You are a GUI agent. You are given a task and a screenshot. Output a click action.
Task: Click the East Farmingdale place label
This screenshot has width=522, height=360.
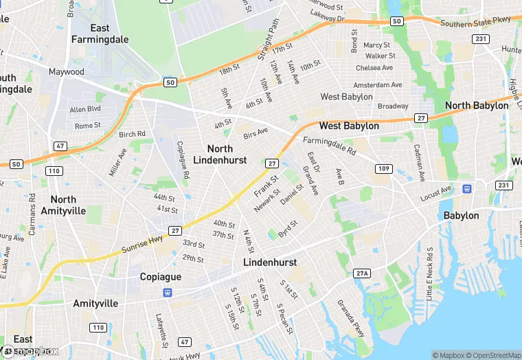tap(100, 34)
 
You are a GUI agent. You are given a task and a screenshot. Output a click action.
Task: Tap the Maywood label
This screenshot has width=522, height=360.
tap(66, 71)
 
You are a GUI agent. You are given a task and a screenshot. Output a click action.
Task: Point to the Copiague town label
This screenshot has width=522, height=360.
tap(160, 276)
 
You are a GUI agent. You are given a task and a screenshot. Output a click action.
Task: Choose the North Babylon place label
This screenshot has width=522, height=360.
tap(477, 105)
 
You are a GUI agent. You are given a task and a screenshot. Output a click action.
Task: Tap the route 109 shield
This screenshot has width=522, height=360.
tap(383, 168)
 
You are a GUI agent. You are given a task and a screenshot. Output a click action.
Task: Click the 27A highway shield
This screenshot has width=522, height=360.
tap(362, 273)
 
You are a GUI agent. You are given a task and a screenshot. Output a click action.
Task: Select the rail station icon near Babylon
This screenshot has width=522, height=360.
tap(468, 188)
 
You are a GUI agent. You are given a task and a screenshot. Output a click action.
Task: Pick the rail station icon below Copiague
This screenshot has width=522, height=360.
tap(167, 292)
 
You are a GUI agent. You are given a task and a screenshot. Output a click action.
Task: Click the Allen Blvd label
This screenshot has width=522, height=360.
tap(85, 109)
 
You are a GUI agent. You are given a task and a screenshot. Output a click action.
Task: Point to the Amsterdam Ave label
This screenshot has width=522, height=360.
tap(377, 85)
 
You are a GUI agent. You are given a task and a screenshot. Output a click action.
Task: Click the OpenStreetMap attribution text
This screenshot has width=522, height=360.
tap(487, 355)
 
